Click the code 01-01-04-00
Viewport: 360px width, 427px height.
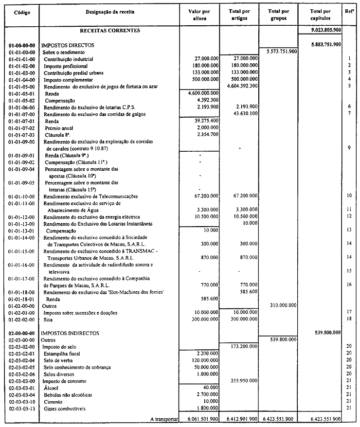point(21,79)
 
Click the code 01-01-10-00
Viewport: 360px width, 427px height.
point(21,196)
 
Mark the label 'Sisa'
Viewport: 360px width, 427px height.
point(49,319)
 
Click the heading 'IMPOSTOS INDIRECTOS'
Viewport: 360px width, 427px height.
point(71,333)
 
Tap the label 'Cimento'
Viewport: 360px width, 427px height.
point(54,402)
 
